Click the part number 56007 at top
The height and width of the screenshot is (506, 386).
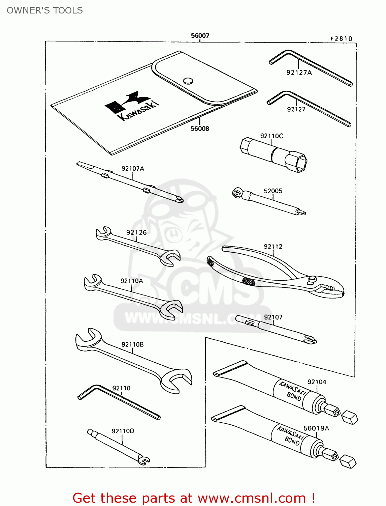pyautogui.click(x=200, y=35)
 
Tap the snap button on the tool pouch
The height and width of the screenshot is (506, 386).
pyautogui.click(x=188, y=81)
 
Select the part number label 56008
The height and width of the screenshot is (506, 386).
pyautogui.click(x=200, y=129)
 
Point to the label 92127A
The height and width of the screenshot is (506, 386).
pyautogui.click(x=299, y=73)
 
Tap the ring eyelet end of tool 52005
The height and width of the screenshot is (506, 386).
pyautogui.click(x=236, y=193)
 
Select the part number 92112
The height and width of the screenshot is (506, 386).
pyautogui.click(x=273, y=247)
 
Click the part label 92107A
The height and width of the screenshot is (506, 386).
pyautogui.click(x=133, y=168)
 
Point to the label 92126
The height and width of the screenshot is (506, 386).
pyautogui.click(x=136, y=232)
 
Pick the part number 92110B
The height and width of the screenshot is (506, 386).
pyautogui.click(x=132, y=344)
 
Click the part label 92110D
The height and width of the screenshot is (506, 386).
pyautogui.click(x=123, y=431)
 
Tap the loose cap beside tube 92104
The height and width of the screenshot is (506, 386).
pyautogui.click(x=350, y=417)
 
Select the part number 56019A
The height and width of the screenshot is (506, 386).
pyautogui.click(x=316, y=428)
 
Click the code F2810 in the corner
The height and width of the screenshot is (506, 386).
pyautogui.click(x=341, y=39)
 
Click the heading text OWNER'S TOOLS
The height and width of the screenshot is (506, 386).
pyautogui.click(x=45, y=10)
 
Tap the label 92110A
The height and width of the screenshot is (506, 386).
pyautogui.click(x=132, y=281)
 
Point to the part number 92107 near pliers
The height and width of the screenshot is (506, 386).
pyautogui.click(x=273, y=317)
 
